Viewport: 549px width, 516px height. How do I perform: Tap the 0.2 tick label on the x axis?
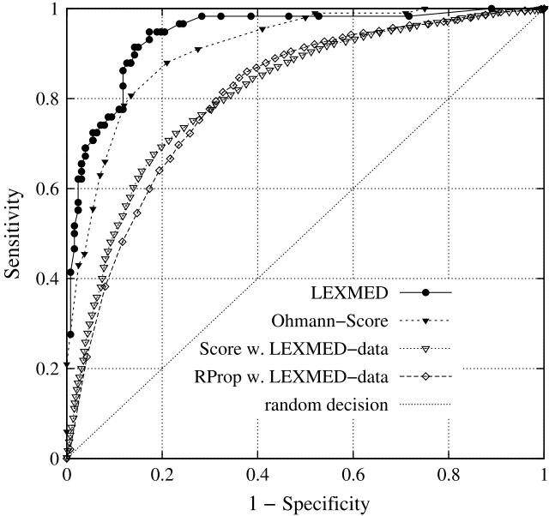click(x=162, y=474)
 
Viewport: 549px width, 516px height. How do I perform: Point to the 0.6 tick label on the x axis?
click(x=353, y=474)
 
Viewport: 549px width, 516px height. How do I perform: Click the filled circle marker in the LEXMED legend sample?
click(x=425, y=293)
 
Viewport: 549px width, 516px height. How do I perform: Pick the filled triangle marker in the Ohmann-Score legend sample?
click(x=425, y=321)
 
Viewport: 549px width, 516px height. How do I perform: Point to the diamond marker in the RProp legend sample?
click(x=425, y=375)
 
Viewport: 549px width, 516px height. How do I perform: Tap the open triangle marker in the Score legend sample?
click(x=425, y=348)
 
